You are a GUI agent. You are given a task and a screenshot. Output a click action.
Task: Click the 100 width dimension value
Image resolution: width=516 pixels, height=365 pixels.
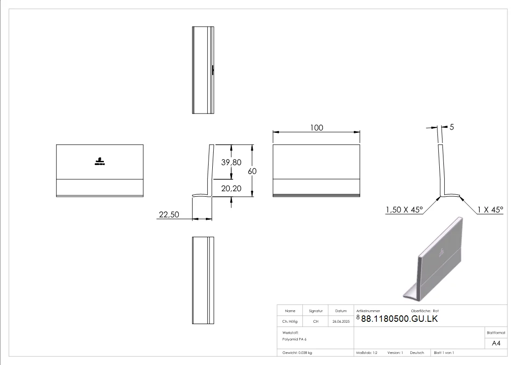pos(317,127)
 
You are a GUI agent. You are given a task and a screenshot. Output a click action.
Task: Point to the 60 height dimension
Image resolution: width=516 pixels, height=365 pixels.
pos(252,171)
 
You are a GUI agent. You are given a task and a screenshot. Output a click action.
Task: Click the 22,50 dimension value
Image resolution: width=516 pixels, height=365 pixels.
pos(169,214)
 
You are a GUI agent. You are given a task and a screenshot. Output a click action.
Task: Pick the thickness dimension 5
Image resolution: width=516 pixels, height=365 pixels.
pos(452,127)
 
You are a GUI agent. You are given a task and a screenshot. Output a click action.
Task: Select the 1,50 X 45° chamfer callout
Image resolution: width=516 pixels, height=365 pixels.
pos(404,210)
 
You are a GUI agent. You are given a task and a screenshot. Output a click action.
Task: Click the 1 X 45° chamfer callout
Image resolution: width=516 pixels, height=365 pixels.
pos(490,210)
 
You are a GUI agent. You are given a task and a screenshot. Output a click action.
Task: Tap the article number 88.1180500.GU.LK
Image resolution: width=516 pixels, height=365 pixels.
pos(399,319)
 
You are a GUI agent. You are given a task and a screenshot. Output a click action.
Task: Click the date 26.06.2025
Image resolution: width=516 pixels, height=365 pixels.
pos(341,322)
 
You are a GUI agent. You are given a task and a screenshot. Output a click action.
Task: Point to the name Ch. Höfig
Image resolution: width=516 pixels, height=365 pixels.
pos(290,322)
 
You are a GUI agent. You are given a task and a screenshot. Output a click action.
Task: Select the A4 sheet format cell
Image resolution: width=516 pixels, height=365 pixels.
pos(496,343)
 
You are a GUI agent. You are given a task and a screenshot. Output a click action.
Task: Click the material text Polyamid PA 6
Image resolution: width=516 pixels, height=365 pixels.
pos(295,339)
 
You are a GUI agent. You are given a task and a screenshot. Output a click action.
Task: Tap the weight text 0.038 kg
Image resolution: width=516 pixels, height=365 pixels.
pos(305,353)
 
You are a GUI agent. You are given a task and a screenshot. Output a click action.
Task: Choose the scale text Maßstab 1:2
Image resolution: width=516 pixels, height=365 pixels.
pos(367,353)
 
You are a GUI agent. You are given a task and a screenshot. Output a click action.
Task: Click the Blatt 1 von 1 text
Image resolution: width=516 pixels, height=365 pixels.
pos(444,353)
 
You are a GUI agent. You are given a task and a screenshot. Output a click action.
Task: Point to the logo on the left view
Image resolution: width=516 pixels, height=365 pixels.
pos(100,161)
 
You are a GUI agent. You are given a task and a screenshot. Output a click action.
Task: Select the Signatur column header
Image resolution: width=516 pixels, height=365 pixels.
pos(316,311)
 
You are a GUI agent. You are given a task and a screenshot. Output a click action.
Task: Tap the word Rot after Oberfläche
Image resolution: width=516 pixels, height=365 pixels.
pos(436,311)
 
